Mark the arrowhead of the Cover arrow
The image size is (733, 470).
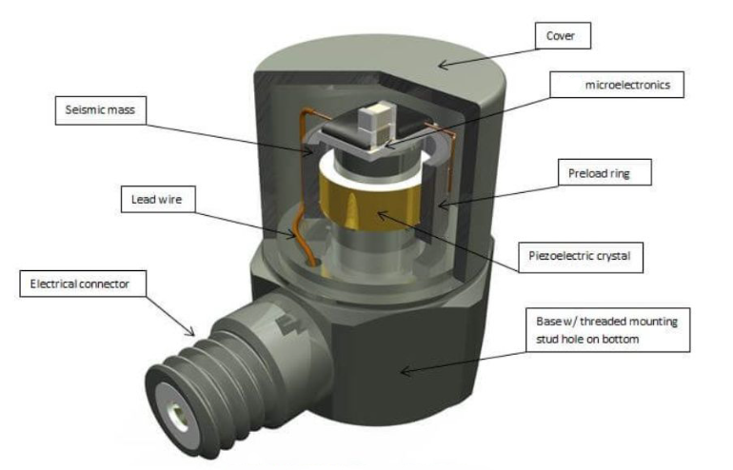pyautogui.click(x=441, y=66)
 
